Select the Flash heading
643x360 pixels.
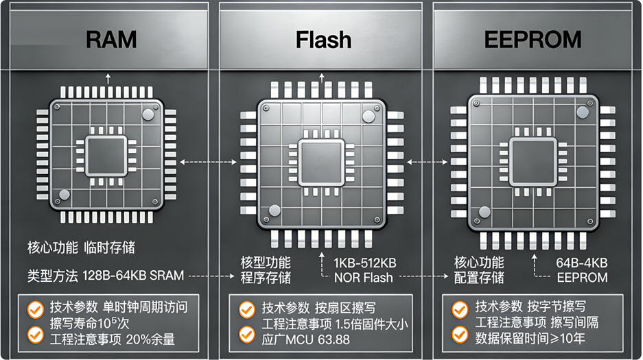point(323,40)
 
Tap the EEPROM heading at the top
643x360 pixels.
point(533,40)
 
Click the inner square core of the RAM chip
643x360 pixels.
point(106,154)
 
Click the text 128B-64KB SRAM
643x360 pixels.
point(133,276)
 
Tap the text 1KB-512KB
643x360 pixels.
point(364,263)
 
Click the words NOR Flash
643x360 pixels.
point(364,278)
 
